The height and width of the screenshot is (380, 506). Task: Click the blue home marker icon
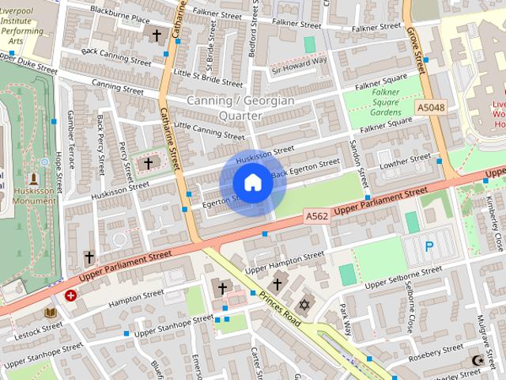pyautogui.click(x=252, y=183)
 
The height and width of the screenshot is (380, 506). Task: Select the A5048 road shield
pyautogui.click(x=431, y=106)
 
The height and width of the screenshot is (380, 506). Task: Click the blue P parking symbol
pyautogui.click(x=429, y=246)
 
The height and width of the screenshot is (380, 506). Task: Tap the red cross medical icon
pyautogui.click(x=71, y=295)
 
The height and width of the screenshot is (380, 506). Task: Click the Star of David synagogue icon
pyautogui.click(x=303, y=305)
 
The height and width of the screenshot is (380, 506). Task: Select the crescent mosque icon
pyautogui.click(x=478, y=361)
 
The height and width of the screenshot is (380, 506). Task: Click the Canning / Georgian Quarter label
pyautogui.click(x=240, y=108)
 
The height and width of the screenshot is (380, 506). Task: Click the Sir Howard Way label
pyautogui.click(x=299, y=64)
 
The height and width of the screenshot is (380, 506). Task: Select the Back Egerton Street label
pyautogui.click(x=305, y=169)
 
